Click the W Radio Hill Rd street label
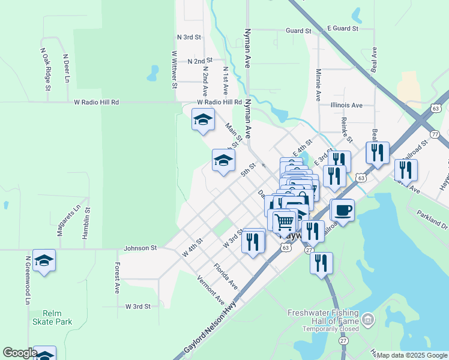click(x=96, y=103)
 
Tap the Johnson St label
click(x=140, y=248)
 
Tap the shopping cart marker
click(x=285, y=221)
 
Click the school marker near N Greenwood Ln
click(x=44, y=260)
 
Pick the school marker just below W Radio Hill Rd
click(x=203, y=119)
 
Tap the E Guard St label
click(x=342, y=28)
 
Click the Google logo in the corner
click(x=19, y=353)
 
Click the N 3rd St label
click(x=188, y=37)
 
